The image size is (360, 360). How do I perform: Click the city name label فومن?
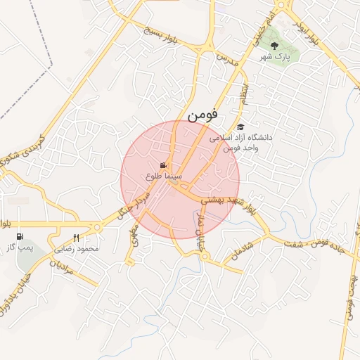pos(202,112)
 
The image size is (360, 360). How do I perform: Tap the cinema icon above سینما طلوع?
pos(164,166)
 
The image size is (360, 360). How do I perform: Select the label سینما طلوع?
pos(164,176)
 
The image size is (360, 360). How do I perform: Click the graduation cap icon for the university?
pos(241,127)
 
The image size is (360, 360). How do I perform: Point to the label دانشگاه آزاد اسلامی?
pos(245,139)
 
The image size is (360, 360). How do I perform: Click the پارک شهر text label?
pos(275,56)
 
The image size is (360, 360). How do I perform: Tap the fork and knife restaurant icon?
pos(77,238)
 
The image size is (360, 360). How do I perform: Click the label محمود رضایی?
pos(77,249)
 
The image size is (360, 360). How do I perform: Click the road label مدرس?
pos(228,59)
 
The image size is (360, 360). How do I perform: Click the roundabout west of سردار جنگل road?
pos(97,226)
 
